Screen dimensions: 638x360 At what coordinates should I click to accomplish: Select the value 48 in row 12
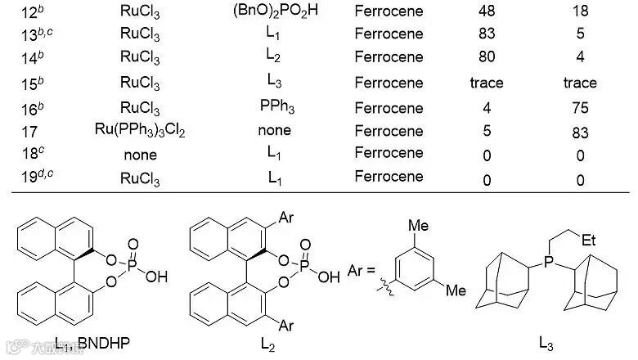(x=486, y=12)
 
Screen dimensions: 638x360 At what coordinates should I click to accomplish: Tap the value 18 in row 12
(x=580, y=12)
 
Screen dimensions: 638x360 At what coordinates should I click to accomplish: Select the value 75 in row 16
(x=580, y=106)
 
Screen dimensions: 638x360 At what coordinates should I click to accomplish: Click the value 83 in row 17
(x=580, y=131)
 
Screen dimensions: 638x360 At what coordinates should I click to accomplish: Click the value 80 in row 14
(x=486, y=59)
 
